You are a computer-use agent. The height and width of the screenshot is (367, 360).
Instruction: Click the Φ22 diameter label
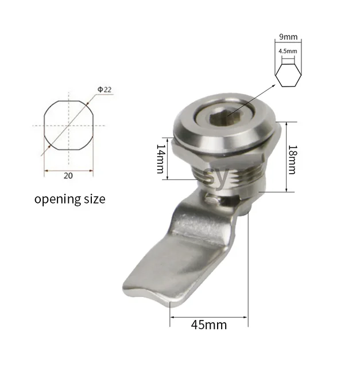point(105,90)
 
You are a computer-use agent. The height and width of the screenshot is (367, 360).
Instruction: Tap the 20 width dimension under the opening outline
point(68,176)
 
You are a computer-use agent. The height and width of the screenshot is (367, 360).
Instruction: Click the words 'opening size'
point(70,200)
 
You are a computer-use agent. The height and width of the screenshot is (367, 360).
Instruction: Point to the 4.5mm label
point(288,51)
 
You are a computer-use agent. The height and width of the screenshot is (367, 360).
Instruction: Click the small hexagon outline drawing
point(288,75)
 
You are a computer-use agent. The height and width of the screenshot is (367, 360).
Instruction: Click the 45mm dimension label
point(210,325)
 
